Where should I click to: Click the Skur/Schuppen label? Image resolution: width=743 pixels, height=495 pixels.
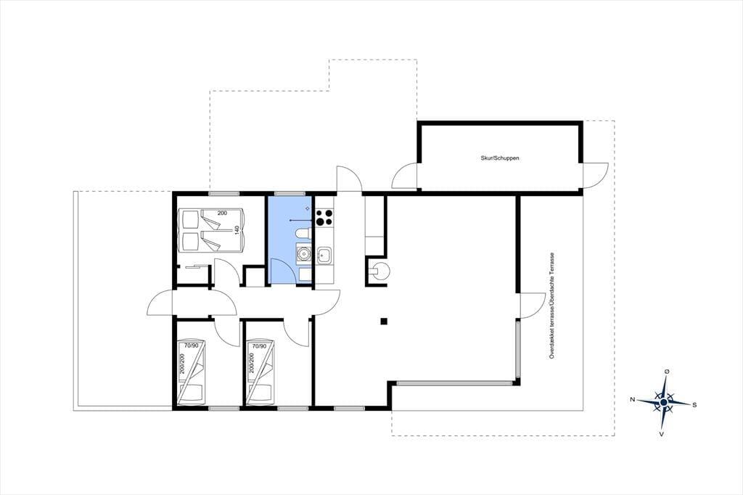[x=499, y=158]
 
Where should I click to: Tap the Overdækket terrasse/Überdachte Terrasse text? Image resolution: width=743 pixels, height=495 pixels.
[x=551, y=306]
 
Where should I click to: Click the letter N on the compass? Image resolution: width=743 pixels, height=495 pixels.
[x=632, y=399]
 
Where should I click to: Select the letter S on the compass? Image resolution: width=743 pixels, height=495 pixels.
[x=694, y=405]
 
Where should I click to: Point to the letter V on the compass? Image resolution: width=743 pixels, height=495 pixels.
[x=661, y=434]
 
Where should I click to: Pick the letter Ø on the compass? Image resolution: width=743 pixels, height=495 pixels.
[x=667, y=372]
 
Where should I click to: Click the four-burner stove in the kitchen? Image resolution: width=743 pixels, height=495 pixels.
[x=324, y=218]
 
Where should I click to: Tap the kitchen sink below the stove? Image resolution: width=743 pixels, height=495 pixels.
[x=324, y=256]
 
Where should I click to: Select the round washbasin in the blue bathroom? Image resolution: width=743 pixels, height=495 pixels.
[x=303, y=255]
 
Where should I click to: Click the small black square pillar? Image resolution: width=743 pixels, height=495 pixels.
[x=384, y=322]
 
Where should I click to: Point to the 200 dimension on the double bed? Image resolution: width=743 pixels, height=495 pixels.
[x=222, y=213]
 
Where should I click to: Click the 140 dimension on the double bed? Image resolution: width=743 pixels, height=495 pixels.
[x=237, y=230]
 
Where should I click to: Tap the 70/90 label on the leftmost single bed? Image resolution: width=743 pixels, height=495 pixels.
[x=191, y=345]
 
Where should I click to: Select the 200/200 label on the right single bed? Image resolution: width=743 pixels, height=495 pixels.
[x=251, y=363]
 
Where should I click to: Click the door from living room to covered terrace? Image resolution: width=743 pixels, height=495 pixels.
[x=533, y=306]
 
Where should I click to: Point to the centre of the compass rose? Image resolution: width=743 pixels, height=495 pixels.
[x=663, y=402]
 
